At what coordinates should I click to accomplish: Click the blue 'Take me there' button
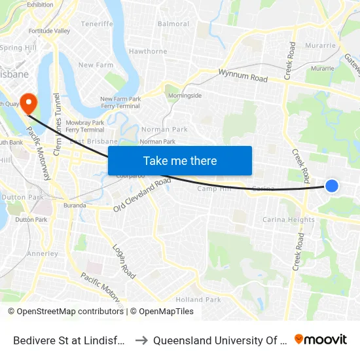coord(180,161)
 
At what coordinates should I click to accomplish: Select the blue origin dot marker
coord(332,186)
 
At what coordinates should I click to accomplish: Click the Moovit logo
coord(320,340)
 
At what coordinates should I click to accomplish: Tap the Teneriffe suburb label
coord(98,24)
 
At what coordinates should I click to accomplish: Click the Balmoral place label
coord(173,24)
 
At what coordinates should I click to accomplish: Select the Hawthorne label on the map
coord(148,51)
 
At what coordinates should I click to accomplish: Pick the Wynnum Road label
coord(243,76)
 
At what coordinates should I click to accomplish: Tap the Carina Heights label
coord(288,220)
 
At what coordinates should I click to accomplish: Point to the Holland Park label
coord(198,299)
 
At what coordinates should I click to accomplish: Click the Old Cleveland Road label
coord(142,194)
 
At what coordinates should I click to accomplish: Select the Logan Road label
coord(123,261)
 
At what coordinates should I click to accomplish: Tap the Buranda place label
coord(75,206)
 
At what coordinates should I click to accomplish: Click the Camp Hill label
coord(215,189)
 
